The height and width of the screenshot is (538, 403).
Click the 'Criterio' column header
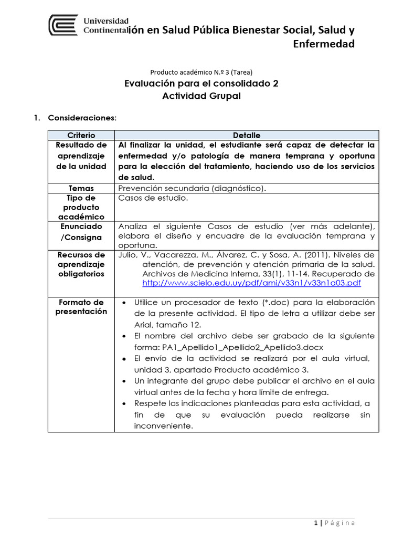(x=81, y=135)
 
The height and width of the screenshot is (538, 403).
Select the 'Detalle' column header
(x=247, y=135)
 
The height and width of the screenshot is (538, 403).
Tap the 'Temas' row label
(x=81, y=188)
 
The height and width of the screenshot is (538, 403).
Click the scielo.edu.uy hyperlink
(x=252, y=283)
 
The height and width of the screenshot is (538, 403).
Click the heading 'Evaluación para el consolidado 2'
(x=201, y=84)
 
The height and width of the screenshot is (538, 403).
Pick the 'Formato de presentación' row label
(x=81, y=307)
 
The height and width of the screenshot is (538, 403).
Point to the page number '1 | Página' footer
(x=335, y=522)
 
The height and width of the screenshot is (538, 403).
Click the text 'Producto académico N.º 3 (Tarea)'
(x=205, y=72)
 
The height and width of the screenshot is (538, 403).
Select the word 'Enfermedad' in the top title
(x=323, y=44)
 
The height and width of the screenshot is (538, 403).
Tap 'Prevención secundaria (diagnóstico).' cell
(x=193, y=188)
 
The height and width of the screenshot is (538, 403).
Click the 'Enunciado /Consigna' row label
(x=81, y=232)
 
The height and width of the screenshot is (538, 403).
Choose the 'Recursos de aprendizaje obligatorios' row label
(x=81, y=264)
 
